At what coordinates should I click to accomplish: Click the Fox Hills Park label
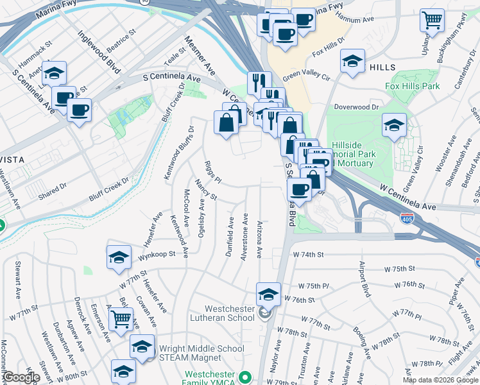413,86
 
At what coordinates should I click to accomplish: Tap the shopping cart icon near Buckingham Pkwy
432,21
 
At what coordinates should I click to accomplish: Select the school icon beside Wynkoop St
119,258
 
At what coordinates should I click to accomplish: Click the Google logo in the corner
21,377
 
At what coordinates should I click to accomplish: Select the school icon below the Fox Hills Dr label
352,62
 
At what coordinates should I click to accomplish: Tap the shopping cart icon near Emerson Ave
121,318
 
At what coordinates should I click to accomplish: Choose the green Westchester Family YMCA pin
243,377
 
